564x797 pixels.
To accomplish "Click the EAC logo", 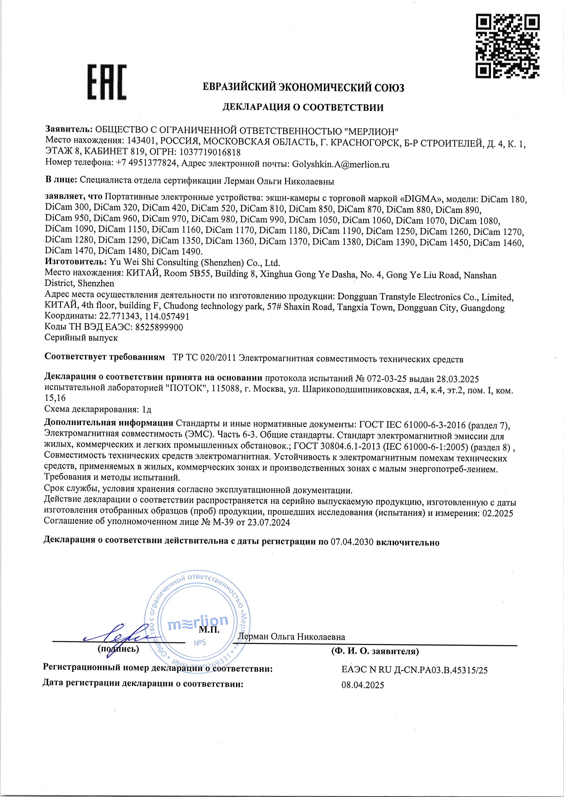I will click(x=107, y=82).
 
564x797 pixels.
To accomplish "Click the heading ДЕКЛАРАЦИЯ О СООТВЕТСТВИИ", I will click(x=303, y=107).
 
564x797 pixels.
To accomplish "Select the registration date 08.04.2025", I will click(x=363, y=685).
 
